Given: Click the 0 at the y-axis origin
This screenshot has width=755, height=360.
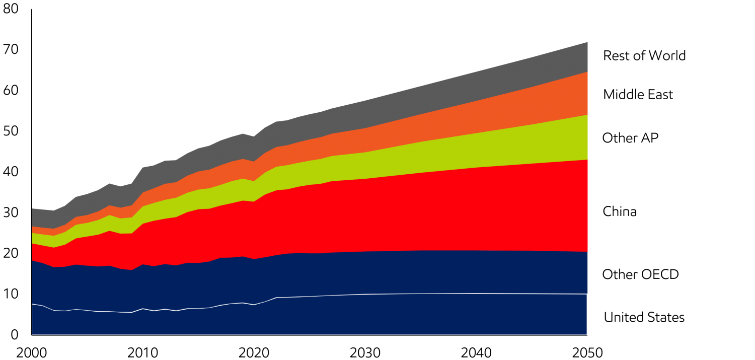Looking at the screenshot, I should tap(14, 335).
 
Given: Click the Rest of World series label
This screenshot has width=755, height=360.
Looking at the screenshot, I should tap(645, 55).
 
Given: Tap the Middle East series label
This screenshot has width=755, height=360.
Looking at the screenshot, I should tap(638, 95).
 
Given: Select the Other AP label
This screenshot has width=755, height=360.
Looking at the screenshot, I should tap(630, 138).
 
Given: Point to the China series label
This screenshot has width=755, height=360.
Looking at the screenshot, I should tap(620, 211).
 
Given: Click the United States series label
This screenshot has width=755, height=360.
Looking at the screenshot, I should tap(644, 318).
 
